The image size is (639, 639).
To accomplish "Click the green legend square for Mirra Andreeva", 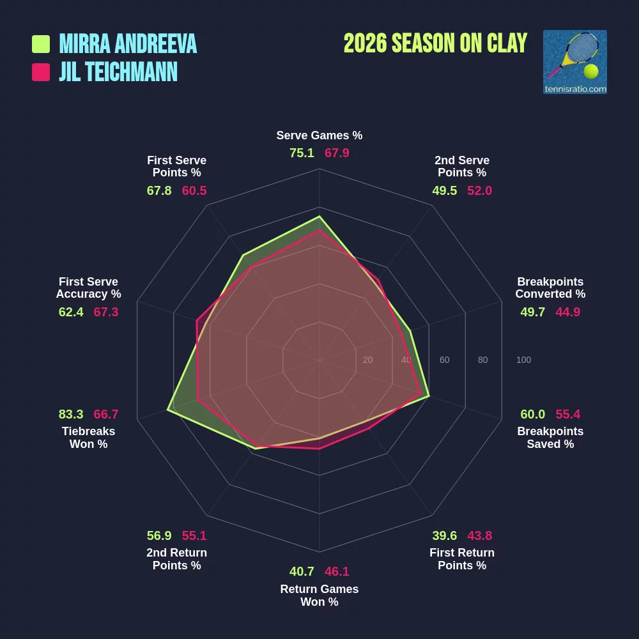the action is [x=41, y=44].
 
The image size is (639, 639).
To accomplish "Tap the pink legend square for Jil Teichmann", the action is [x=41, y=72].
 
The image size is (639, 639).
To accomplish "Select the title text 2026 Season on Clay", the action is [x=435, y=43].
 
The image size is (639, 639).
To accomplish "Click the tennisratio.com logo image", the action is [x=574, y=62].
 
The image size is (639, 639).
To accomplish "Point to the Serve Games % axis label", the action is [x=319, y=135].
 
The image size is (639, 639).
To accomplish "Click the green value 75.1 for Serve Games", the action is [x=302, y=153].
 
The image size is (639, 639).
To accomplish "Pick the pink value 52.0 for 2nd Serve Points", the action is [x=480, y=190].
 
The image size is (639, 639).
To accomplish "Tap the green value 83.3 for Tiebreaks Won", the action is [x=70, y=414].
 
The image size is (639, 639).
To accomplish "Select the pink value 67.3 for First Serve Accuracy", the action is [x=106, y=312].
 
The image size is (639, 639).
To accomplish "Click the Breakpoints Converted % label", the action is [x=550, y=288].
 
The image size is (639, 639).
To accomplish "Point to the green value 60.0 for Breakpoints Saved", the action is [x=532, y=414].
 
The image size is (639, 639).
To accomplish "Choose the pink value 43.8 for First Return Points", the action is [x=480, y=535].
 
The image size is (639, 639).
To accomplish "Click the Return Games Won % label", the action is [x=319, y=595].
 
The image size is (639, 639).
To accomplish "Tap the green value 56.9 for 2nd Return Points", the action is [x=159, y=535].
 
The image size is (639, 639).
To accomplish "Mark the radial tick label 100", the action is [x=523, y=360].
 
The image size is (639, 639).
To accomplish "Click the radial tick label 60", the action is [x=444, y=360].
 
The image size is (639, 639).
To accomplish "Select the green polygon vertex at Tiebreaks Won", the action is [x=167, y=410].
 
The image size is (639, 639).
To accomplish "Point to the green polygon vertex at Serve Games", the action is [x=319, y=217].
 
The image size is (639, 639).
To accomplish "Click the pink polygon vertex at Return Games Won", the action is [x=319, y=449].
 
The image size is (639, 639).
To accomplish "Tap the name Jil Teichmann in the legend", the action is [x=118, y=72].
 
